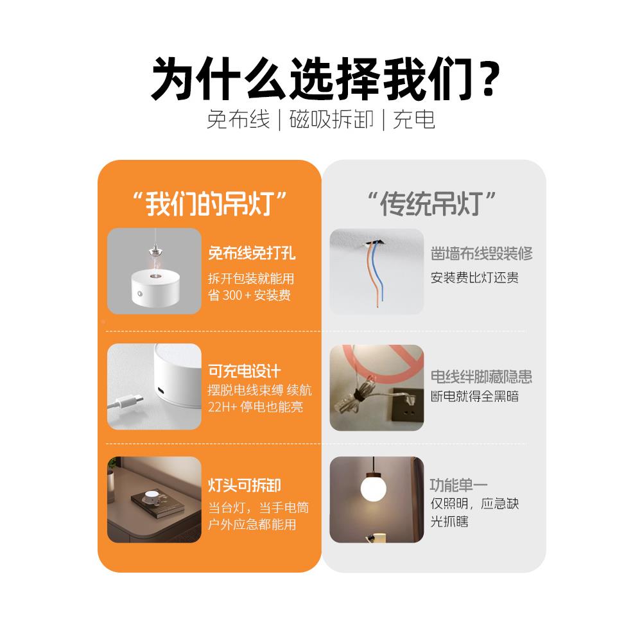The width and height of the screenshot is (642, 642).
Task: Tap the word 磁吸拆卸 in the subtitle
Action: pyautogui.click(x=332, y=119)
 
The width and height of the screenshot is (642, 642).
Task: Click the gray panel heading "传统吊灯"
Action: pyautogui.click(x=433, y=204)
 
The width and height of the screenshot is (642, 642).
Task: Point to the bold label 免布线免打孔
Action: pyautogui.click(x=252, y=254)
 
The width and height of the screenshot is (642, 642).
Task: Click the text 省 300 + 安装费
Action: pyautogui.click(x=250, y=296)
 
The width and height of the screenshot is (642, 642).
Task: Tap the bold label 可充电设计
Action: pyautogui.click(x=245, y=371)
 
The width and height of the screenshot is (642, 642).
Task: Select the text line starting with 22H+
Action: pyautogui.click(x=256, y=407)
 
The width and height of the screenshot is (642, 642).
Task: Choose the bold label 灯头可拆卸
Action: pyautogui.click(x=245, y=485)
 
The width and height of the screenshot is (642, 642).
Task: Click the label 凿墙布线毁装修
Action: pyautogui.click(x=481, y=254)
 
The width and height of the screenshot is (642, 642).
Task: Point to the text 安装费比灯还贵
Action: pyautogui.click(x=474, y=278)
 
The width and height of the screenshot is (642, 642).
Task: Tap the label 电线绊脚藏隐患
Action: pyautogui.click(x=481, y=377)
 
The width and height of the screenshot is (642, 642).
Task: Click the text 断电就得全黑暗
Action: pyautogui.click(x=474, y=396)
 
